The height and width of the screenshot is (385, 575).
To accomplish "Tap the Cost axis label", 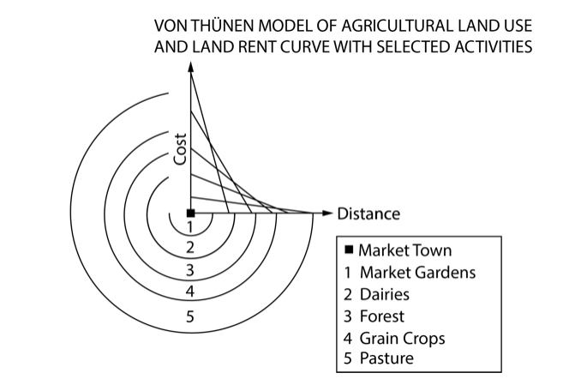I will (x=180, y=147).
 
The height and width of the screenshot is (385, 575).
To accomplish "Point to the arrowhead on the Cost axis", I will (x=190, y=73).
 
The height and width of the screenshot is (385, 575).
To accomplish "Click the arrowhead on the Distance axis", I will (x=326, y=213).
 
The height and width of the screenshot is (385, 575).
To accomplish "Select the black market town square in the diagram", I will (x=190, y=213).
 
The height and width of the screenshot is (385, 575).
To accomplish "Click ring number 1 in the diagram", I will (x=190, y=226).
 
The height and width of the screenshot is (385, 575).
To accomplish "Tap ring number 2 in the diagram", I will (x=190, y=249).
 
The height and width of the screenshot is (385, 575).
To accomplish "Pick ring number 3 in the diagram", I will (x=190, y=271).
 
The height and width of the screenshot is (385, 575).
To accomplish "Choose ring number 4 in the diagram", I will (x=190, y=292).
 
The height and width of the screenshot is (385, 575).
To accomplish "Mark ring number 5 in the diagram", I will (x=190, y=317).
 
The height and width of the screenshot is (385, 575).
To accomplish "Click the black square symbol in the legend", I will (x=349, y=251).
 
